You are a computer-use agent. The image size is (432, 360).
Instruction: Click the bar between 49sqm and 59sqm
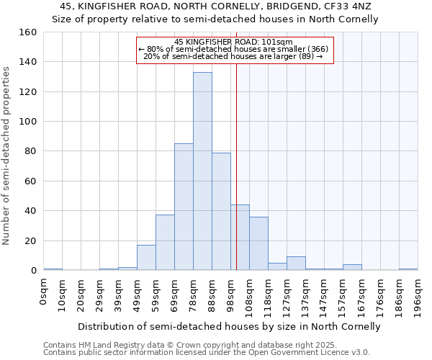pyautogui.click(x=146, y=258)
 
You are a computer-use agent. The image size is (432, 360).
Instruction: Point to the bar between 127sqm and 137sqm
pyautogui.click(x=296, y=264)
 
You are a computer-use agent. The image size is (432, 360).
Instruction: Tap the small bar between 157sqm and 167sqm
pyautogui.click(x=352, y=268)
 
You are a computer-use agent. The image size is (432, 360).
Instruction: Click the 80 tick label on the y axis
pyautogui.click(x=30, y=151)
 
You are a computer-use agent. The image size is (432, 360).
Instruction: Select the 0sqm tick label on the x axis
pyautogui.click(x=44, y=289)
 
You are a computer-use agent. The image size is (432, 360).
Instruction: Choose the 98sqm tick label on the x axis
pyautogui.click(x=231, y=292)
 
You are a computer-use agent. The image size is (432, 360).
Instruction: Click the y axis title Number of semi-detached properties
pyautogui.click(x=6, y=151)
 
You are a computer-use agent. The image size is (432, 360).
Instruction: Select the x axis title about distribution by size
pyautogui.click(x=228, y=326)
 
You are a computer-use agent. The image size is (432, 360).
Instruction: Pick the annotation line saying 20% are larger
pyautogui.click(x=234, y=56)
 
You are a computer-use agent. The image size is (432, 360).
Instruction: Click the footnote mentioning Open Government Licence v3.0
pyautogui.click(x=207, y=352)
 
